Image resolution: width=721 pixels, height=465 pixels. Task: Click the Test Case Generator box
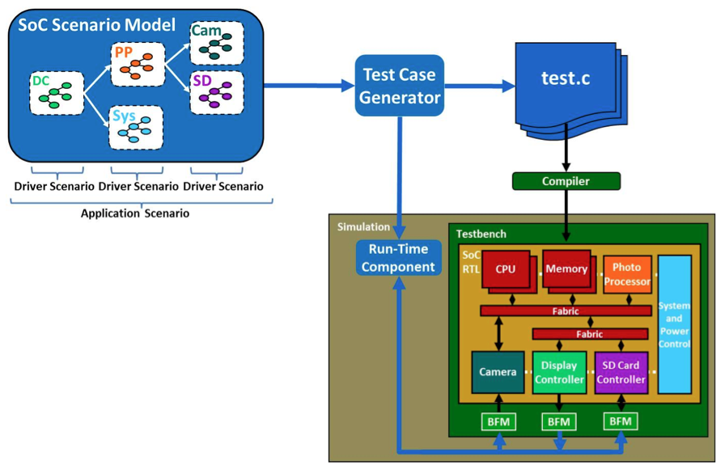tap(400, 87)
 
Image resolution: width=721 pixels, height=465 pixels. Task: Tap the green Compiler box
tap(566, 181)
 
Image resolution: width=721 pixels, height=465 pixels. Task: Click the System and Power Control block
tap(675, 323)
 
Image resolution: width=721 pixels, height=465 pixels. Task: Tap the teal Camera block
tap(498, 372)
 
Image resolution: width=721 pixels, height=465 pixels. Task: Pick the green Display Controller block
tap(559, 372)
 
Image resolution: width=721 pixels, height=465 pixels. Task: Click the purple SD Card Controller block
tap(621, 372)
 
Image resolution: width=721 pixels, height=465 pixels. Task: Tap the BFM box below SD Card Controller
tap(621, 421)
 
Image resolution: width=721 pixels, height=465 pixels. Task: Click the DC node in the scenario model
tap(56, 92)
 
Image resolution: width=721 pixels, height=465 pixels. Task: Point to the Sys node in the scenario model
tap(136, 127)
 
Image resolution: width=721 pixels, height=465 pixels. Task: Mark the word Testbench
tap(481, 234)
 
